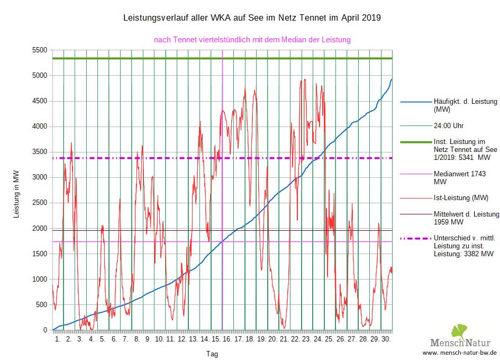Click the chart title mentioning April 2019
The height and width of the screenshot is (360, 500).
click(252, 18)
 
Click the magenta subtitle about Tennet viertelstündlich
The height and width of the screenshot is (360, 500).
click(252, 39)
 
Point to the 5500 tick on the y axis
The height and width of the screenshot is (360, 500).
click(40, 50)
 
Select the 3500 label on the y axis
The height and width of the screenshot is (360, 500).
click(40, 152)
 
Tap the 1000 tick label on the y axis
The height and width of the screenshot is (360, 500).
click(40, 279)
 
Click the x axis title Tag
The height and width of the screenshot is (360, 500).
click(212, 354)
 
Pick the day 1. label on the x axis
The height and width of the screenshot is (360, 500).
click(58, 338)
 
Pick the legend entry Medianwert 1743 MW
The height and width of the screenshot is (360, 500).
click(459, 177)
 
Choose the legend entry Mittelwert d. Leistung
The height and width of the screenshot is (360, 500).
click(466, 218)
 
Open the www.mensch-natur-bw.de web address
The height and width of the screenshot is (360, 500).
click(460, 353)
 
